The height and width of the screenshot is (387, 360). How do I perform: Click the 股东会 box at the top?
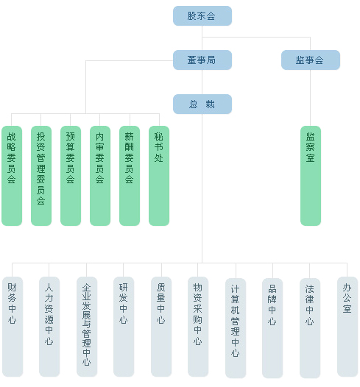click(x=202, y=16)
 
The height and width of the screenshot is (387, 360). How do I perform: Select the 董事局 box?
click(x=202, y=60)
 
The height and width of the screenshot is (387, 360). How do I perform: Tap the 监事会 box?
click(x=311, y=60)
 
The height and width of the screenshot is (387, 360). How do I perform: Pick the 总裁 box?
click(x=202, y=104)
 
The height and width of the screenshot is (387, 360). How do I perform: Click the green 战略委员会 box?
click(x=12, y=176)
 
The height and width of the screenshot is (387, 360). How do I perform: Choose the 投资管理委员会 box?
click(x=41, y=176)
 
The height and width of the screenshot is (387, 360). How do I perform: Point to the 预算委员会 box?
click(x=71, y=176)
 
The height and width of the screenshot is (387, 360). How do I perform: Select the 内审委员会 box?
click(x=100, y=176)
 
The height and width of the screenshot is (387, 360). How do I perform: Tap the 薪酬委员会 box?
click(x=130, y=176)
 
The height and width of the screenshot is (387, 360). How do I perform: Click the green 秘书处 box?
click(x=159, y=176)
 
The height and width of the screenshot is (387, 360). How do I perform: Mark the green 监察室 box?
click(x=311, y=176)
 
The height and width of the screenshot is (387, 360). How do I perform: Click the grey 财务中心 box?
click(x=13, y=327)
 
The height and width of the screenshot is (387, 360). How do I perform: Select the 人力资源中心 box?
click(x=49, y=327)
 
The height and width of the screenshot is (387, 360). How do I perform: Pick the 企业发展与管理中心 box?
click(x=87, y=327)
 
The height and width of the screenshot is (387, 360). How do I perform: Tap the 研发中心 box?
click(x=124, y=327)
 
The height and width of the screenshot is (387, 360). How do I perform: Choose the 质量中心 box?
click(x=161, y=327)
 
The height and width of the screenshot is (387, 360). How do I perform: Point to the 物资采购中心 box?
click(x=198, y=327)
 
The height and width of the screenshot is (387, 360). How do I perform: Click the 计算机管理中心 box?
click(x=236, y=328)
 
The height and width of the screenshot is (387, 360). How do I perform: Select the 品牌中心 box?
click(x=272, y=328)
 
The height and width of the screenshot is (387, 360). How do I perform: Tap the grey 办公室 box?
click(x=347, y=327)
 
